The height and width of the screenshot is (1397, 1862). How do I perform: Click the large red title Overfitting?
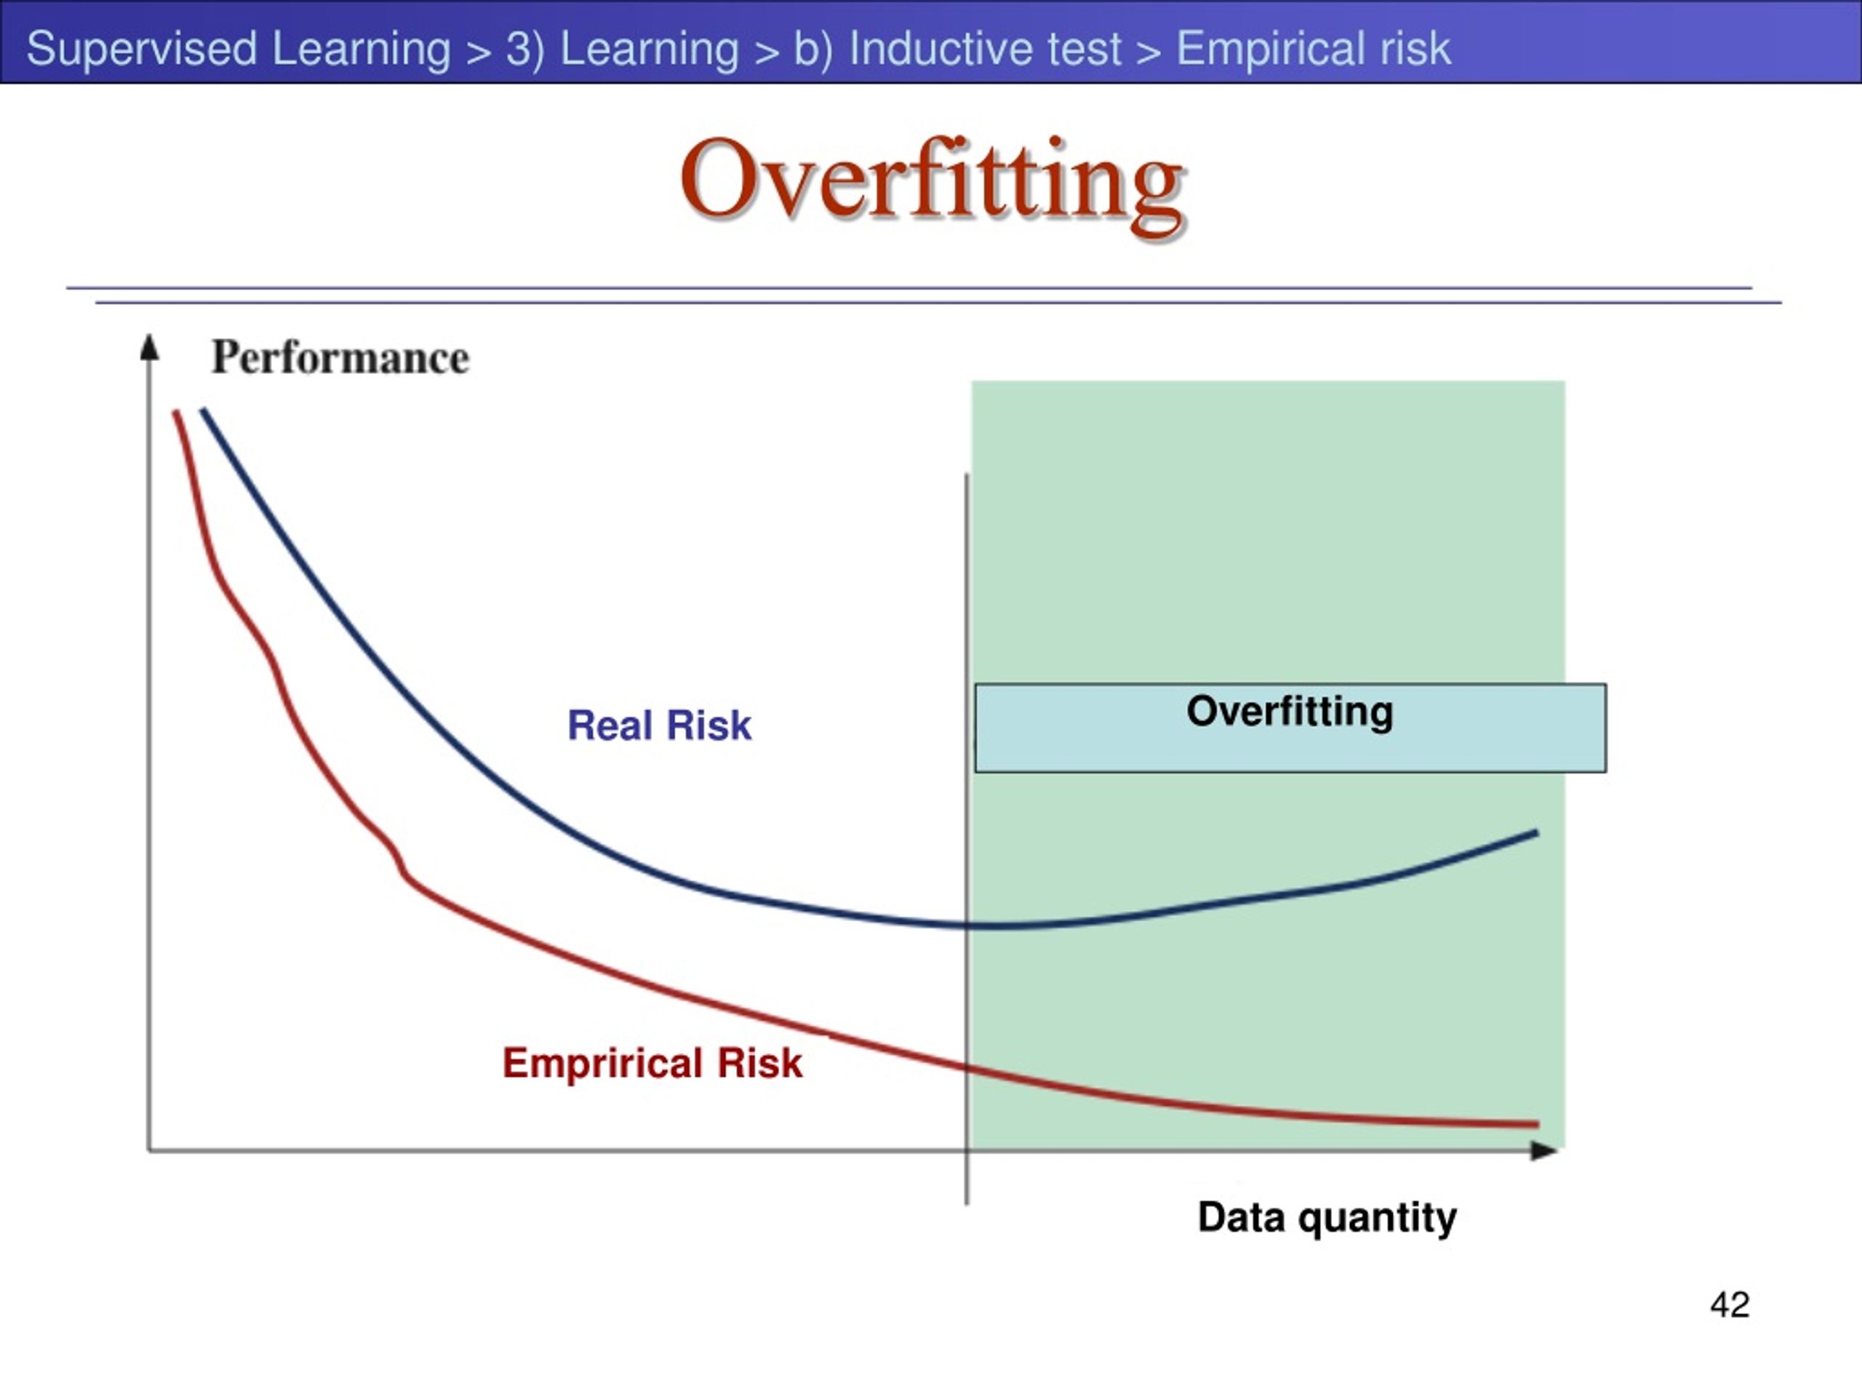(932, 183)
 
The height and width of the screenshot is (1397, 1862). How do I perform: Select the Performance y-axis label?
(340, 357)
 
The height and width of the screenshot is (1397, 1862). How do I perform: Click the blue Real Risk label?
(659, 725)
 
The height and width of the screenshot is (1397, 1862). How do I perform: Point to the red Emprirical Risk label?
(652, 1063)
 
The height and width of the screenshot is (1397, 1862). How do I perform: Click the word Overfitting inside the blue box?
(1290, 712)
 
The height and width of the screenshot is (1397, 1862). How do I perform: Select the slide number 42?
(1730, 1305)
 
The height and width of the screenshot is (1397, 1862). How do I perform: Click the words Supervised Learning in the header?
(239, 48)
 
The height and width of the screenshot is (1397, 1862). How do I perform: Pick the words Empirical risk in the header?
(1313, 48)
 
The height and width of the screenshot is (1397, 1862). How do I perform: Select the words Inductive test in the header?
(985, 48)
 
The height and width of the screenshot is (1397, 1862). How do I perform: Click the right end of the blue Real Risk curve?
(1537, 833)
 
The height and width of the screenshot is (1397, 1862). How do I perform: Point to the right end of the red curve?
(1538, 1124)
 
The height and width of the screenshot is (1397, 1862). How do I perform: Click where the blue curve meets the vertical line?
(967, 925)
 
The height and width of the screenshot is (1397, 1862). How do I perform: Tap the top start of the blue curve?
(203, 410)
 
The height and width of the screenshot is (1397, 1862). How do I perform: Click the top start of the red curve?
(175, 412)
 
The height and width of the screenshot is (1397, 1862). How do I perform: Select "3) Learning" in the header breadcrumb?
(622, 49)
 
